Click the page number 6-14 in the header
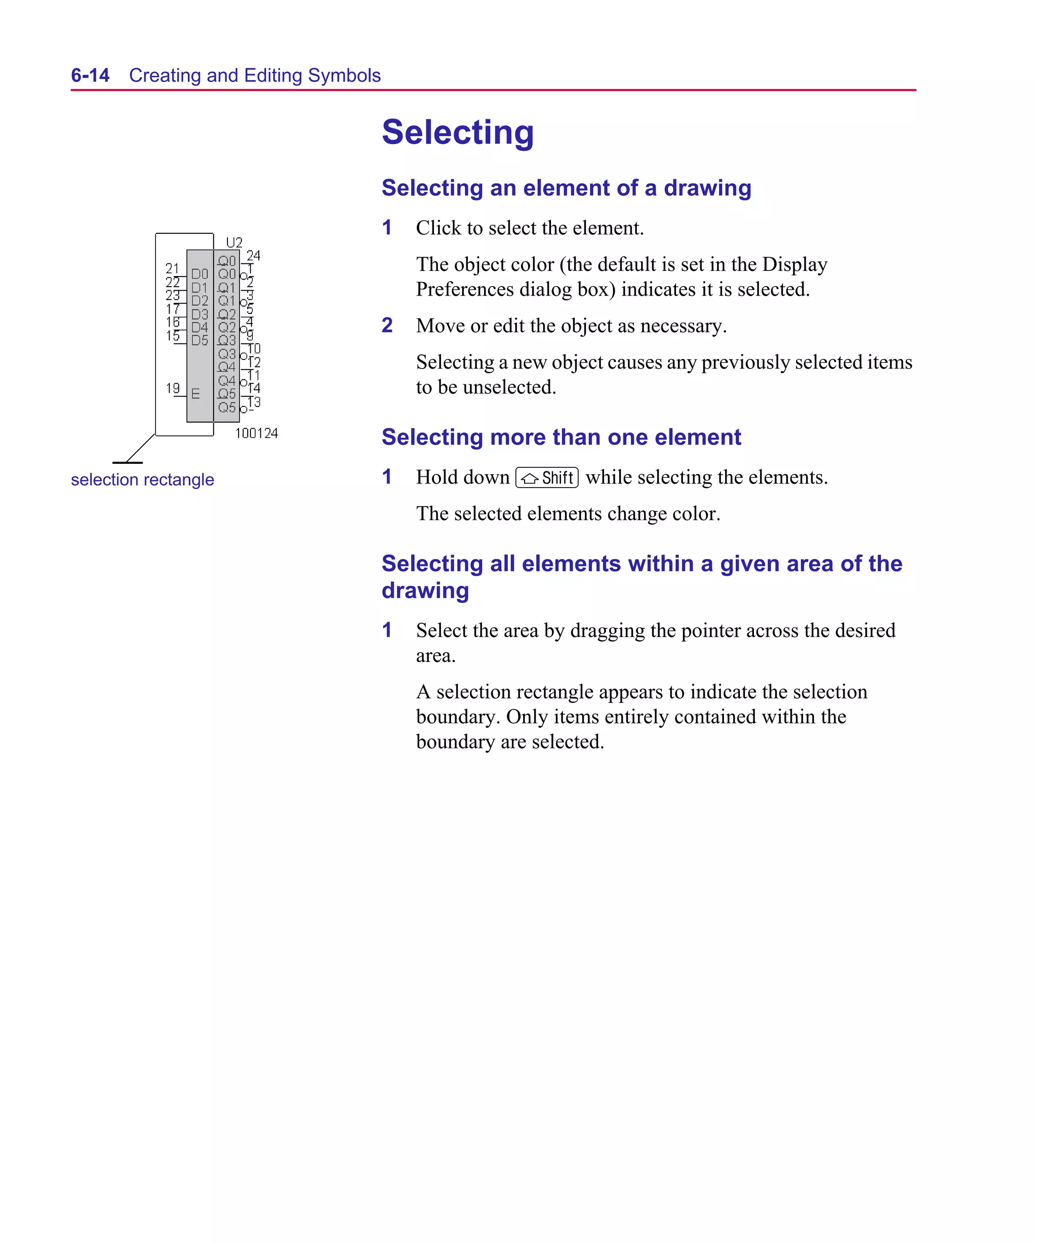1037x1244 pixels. [90, 75]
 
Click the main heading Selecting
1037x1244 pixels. [457, 132]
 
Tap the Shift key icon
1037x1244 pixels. [546, 477]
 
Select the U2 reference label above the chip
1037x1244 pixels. [234, 243]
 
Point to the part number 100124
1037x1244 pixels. [256, 433]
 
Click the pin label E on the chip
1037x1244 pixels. [195, 394]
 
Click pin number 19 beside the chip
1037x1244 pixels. [173, 388]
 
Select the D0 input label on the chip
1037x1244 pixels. [200, 274]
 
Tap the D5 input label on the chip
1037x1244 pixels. [200, 340]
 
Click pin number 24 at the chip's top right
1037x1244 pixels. [253, 255]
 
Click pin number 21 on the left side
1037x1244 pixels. [172, 268]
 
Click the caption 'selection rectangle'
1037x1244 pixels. [142, 479]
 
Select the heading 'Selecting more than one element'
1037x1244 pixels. [561, 437]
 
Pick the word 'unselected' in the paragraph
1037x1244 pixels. [509, 387]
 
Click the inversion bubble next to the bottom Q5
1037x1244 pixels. [244, 409]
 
